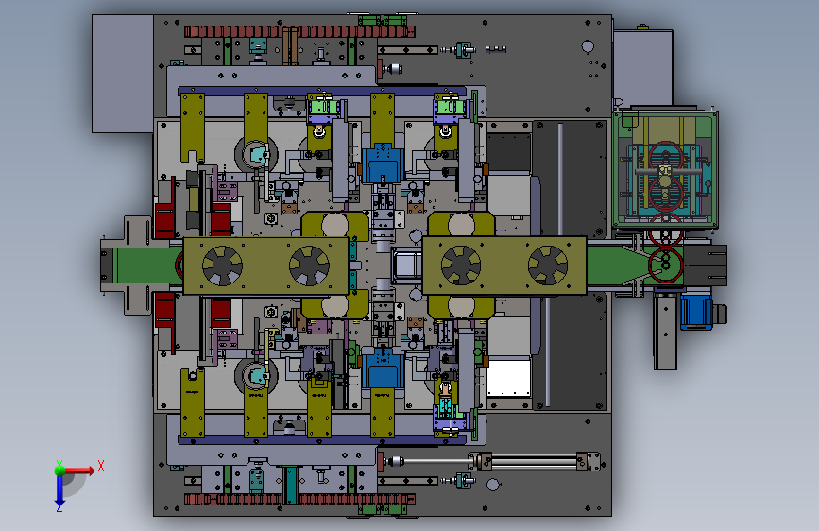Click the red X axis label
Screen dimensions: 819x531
pos(101,466)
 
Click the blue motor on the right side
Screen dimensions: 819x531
pos(696,312)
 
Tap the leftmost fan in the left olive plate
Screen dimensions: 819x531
pos(223,265)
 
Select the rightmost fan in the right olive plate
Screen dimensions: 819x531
pos(548,265)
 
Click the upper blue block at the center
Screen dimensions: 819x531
pos(383,163)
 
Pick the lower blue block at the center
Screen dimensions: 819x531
pos(383,368)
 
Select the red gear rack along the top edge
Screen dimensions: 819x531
pos(299,32)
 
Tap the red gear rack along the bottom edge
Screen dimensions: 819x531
pos(299,499)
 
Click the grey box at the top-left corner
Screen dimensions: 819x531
pos(123,73)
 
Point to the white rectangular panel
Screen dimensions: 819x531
pos(509,378)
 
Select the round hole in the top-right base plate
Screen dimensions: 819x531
pos(588,46)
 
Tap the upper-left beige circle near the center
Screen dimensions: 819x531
pos(334,225)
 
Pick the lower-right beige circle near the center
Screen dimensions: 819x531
pos(461,307)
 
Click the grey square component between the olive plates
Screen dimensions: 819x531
pos(406,265)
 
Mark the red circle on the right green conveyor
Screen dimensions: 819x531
pos(666,265)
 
